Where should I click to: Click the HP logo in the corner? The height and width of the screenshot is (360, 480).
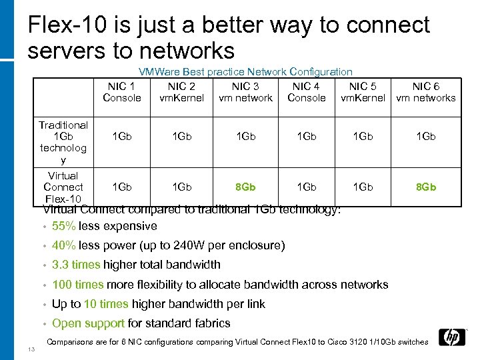453,337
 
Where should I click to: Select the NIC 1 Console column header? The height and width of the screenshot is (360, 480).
122,92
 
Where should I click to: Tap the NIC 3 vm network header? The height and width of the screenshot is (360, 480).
245,92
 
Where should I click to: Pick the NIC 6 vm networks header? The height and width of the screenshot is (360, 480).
425,92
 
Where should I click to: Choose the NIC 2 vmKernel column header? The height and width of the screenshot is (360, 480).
181,92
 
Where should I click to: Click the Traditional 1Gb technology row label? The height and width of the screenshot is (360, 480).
63,143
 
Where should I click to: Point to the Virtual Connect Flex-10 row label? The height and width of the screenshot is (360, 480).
63,187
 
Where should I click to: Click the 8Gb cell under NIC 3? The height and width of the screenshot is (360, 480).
245,187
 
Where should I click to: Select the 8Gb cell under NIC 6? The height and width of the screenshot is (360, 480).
425,187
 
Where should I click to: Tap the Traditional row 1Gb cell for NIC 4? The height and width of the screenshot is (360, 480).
306,137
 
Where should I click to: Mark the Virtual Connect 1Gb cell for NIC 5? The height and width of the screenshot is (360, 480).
362,187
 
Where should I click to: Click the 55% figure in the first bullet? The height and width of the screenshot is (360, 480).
63,226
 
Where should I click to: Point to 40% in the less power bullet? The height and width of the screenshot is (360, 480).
63,245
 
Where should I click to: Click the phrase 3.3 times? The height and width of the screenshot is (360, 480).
76,265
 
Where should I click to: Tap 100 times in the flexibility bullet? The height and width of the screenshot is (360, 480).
78,285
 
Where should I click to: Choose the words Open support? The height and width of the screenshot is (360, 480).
88,323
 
